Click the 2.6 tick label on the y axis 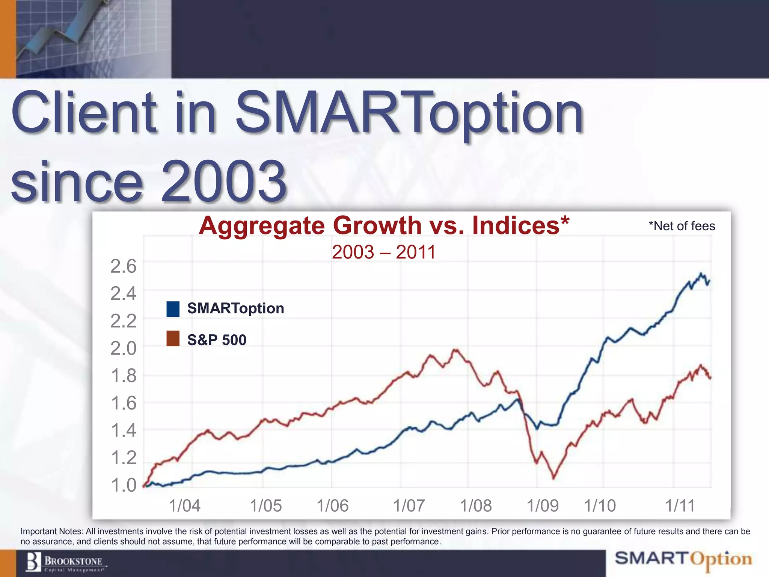pyautogui.click(x=123, y=266)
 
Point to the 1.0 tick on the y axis pyautogui.click(x=123, y=485)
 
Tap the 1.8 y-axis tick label pyautogui.click(x=123, y=376)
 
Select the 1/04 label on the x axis pyautogui.click(x=184, y=506)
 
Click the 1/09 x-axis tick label pyautogui.click(x=543, y=506)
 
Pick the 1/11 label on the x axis pyautogui.click(x=680, y=506)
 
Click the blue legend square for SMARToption pyautogui.click(x=173, y=309)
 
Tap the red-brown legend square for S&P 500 pyautogui.click(x=173, y=338)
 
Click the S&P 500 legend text pyautogui.click(x=217, y=340)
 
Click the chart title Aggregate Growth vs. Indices pyautogui.click(x=384, y=225)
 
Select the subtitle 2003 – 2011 pyautogui.click(x=383, y=252)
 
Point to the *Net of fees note pyautogui.click(x=682, y=226)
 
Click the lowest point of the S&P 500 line pyautogui.click(x=554, y=478)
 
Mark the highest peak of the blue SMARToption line pyautogui.click(x=701, y=273)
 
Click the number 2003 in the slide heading pyautogui.click(x=224, y=181)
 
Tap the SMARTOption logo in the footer pyautogui.click(x=683, y=559)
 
